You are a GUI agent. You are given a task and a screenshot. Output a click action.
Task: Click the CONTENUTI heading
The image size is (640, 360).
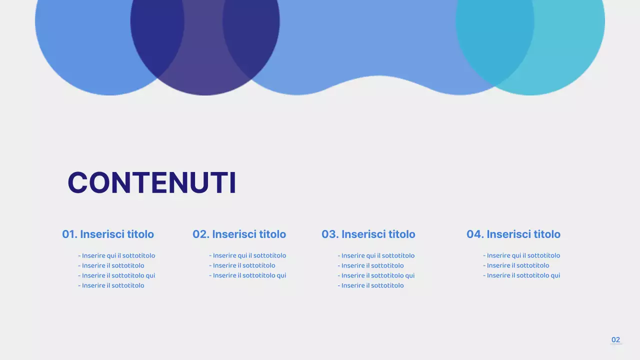coord(151,182)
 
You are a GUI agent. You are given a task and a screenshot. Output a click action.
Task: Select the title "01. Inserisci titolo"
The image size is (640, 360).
coord(108,234)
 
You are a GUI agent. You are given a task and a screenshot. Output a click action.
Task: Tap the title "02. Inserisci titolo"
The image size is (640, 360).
coord(239,234)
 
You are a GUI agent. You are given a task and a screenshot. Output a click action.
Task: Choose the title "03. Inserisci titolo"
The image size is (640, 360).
coord(368,234)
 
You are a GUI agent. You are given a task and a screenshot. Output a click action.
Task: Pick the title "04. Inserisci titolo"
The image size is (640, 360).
coord(513,234)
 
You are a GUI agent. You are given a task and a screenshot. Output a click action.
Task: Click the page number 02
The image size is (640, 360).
coord(615,340)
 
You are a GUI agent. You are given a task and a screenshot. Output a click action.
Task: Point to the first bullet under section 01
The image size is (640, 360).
coord(117,255)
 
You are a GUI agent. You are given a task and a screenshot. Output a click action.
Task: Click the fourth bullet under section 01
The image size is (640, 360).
coord(111,285)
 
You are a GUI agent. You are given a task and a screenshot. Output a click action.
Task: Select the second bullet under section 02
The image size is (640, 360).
coord(242,265)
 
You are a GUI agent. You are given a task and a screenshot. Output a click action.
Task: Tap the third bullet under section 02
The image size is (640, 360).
coord(248,275)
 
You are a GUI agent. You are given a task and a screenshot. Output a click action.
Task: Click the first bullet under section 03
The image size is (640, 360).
coord(376,255)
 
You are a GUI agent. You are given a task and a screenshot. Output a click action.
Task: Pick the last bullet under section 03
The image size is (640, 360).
coord(371,285)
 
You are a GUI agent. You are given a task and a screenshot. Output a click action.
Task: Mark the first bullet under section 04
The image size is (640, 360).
coord(522,255)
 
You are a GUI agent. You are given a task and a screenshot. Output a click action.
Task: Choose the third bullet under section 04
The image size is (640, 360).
coord(522,275)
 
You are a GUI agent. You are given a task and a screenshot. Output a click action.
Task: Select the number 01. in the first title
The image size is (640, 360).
coord(69,234)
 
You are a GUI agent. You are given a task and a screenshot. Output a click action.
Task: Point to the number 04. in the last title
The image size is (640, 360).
coord(475,234)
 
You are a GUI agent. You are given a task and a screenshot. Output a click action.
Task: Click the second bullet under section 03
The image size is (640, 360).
coord(371,265)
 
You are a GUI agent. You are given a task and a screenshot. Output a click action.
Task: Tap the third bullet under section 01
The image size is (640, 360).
coord(117,275)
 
